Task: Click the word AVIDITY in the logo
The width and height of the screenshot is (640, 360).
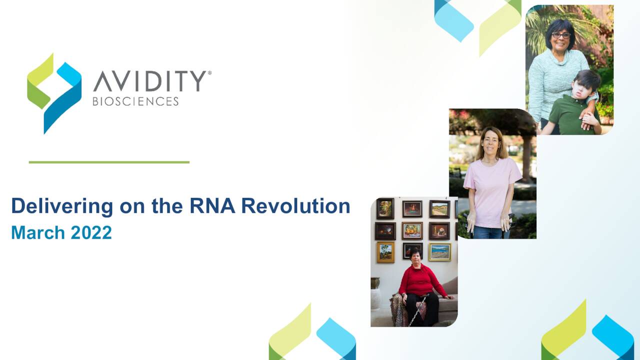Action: [x=150, y=81]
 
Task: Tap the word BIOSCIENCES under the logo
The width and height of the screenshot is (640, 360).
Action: [x=135, y=101]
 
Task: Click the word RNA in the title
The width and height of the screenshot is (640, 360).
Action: [x=212, y=205]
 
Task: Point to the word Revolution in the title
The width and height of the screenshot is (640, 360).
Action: [x=295, y=205]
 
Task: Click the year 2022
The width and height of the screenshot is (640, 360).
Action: [x=91, y=232]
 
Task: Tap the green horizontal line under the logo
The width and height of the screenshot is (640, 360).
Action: [x=109, y=162]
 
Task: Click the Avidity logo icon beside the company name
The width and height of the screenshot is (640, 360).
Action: [x=54, y=93]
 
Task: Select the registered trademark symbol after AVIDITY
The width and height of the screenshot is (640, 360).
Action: [x=209, y=73]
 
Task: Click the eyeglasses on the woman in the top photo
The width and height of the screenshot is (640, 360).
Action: [x=561, y=35]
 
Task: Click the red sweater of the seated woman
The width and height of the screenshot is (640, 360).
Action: [x=420, y=281]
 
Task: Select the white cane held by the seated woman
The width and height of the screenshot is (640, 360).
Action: [x=418, y=310]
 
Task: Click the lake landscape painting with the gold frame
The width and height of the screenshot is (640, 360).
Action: [x=440, y=252]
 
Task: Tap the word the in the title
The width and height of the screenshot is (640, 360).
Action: [x=167, y=205]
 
